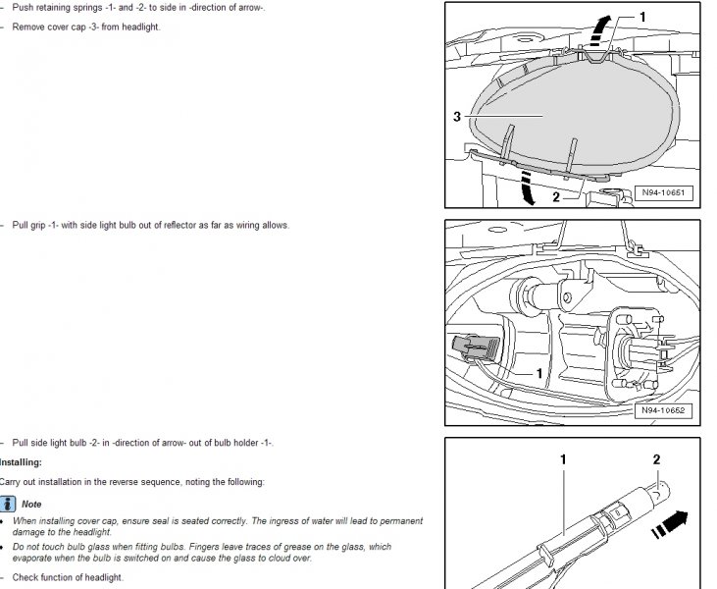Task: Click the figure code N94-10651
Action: point(663,192)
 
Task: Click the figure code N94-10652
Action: point(663,410)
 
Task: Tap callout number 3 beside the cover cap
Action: point(457,117)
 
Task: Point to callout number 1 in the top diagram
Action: point(642,18)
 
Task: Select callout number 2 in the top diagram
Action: point(556,197)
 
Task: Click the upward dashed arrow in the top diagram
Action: point(599,30)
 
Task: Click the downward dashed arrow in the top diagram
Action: point(528,187)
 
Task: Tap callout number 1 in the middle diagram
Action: point(539,374)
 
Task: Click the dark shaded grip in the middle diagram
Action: point(476,348)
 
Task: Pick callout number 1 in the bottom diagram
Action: point(563,459)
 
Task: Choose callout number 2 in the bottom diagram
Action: point(656,459)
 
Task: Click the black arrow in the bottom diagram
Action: point(670,524)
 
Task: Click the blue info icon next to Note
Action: point(8,504)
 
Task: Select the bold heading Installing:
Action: point(21,462)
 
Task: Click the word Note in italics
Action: point(31,504)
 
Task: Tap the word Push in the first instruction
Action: point(23,8)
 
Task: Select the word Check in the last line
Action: point(25,577)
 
